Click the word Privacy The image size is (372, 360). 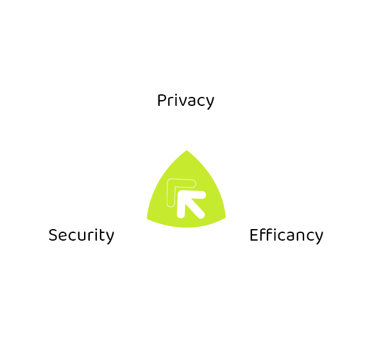click(x=185, y=101)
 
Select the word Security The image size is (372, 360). click(x=81, y=236)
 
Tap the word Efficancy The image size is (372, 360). click(x=286, y=235)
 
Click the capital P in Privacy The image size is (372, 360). click(x=162, y=100)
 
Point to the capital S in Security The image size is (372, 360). click(x=53, y=235)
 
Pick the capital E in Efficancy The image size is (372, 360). click(x=254, y=235)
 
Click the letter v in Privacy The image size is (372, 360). click(x=182, y=102)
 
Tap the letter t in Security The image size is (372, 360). click(x=102, y=235)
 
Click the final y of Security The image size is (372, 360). click(x=110, y=238)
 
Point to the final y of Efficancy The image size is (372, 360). click(x=319, y=238)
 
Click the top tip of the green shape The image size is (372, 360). click(x=187, y=150)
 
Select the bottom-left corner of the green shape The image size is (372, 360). click(x=148, y=219)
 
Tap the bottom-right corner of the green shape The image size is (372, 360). click(x=225, y=217)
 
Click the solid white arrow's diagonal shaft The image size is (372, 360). click(x=194, y=207)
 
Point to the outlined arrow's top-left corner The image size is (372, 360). click(x=168, y=180)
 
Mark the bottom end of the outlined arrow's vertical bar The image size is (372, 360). click(x=171, y=205)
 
